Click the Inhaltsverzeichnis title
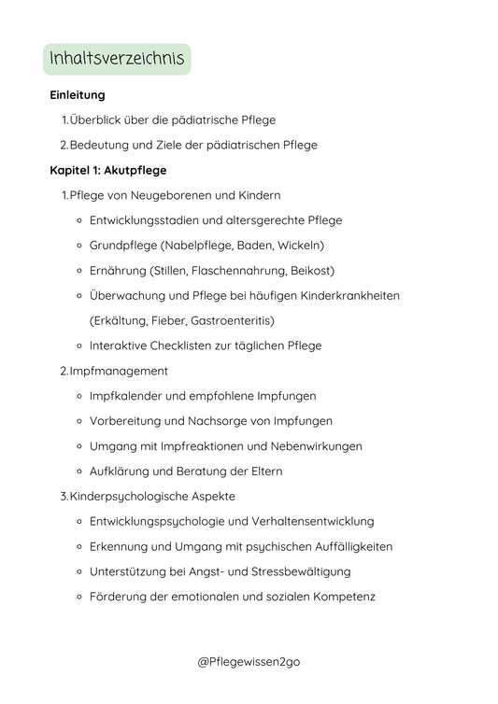click(x=117, y=61)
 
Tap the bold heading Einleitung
click(x=77, y=95)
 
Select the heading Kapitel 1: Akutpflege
click(x=108, y=170)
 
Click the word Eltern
click(x=263, y=471)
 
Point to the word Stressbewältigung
click(x=296, y=571)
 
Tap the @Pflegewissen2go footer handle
click(x=249, y=662)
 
